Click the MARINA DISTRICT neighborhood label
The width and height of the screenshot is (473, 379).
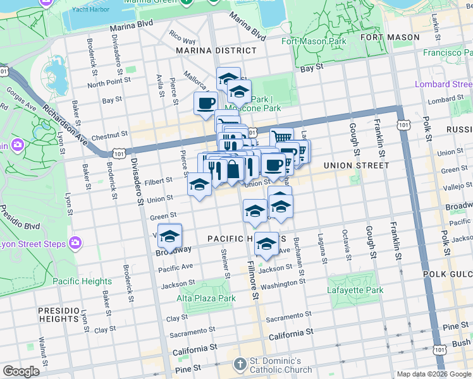pos(216,50)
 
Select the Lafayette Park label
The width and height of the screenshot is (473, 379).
pos(355,291)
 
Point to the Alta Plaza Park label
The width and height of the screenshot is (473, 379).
pos(206,298)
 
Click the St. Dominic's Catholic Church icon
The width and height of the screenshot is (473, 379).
pos(239,364)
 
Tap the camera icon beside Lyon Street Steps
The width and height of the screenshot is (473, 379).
pos(76,243)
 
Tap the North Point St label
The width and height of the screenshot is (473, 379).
pos(109,82)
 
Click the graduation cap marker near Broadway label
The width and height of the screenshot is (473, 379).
pos(169,236)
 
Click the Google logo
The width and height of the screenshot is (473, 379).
pos(21,371)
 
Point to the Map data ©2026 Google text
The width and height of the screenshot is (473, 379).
pos(434,374)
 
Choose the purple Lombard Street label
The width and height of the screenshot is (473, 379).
pos(443,84)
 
